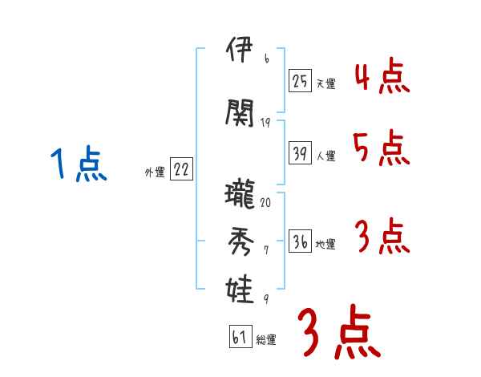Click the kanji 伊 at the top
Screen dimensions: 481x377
click(240, 55)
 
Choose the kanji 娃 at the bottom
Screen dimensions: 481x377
click(240, 286)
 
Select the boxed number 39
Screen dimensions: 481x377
click(300, 153)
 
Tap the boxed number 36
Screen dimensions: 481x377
click(300, 241)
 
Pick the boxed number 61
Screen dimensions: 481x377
click(240, 337)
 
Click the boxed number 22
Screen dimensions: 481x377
click(181, 169)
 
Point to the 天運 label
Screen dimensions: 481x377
click(325, 83)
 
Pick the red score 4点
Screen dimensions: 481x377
click(382, 76)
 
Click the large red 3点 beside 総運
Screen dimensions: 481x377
click(338, 332)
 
